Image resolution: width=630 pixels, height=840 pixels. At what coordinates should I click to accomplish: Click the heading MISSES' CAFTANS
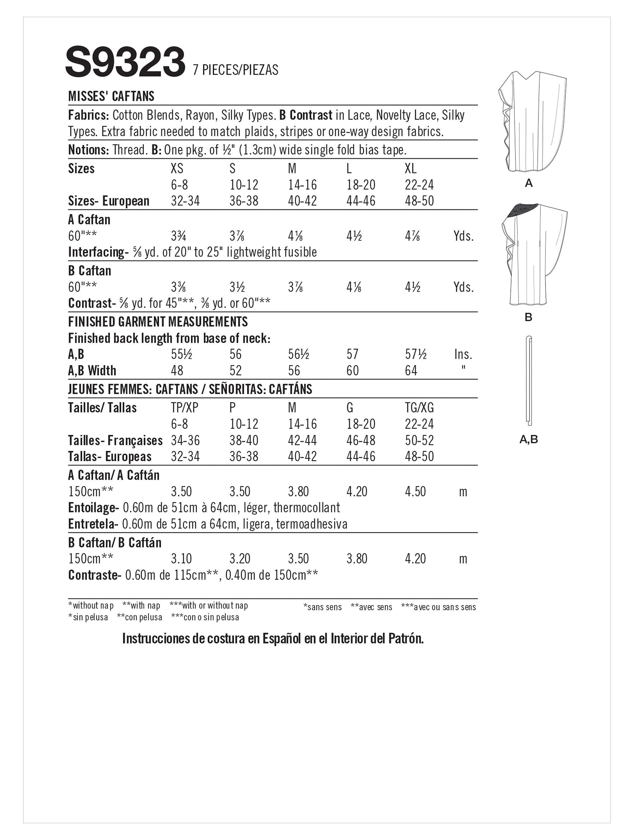111,96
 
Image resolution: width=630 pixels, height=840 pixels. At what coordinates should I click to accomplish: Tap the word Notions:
88,150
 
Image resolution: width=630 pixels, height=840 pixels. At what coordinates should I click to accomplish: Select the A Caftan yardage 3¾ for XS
178,236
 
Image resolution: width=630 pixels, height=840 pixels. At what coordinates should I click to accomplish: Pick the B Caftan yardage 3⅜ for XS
178,287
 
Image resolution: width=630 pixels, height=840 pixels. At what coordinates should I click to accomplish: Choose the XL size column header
410,169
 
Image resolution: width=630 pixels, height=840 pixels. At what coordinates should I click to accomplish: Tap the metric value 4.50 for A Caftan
415,491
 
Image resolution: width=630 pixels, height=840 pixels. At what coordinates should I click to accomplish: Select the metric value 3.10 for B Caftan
181,559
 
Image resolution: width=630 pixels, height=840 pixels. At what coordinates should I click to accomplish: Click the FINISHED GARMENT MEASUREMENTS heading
158,322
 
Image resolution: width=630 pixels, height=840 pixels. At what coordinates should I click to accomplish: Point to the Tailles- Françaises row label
115,440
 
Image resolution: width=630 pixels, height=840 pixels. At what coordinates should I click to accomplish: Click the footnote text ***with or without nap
209,605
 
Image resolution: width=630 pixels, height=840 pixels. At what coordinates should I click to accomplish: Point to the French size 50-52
419,440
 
